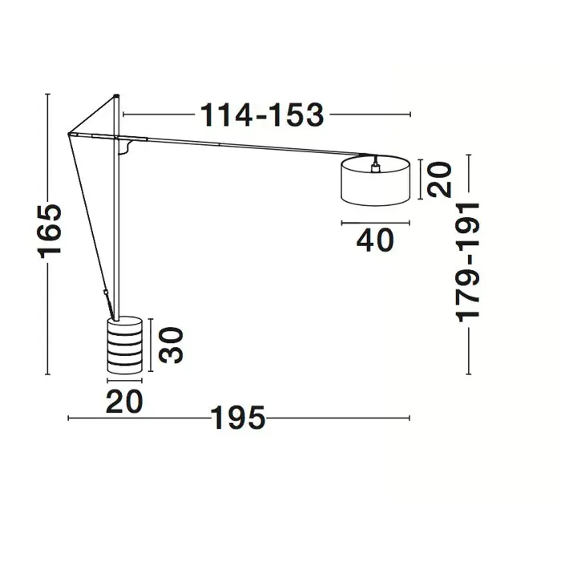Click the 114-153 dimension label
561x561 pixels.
click(x=262, y=115)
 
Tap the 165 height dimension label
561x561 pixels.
click(x=50, y=231)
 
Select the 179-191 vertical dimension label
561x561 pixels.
click(x=467, y=263)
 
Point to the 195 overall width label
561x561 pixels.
click(x=239, y=418)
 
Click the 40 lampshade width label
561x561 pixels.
click(x=375, y=240)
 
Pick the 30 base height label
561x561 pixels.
click(x=171, y=345)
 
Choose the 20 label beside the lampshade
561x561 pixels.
click(x=440, y=180)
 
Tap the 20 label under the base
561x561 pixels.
click(x=124, y=402)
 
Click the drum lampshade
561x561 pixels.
click(x=375, y=180)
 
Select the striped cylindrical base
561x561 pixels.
click(x=124, y=345)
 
